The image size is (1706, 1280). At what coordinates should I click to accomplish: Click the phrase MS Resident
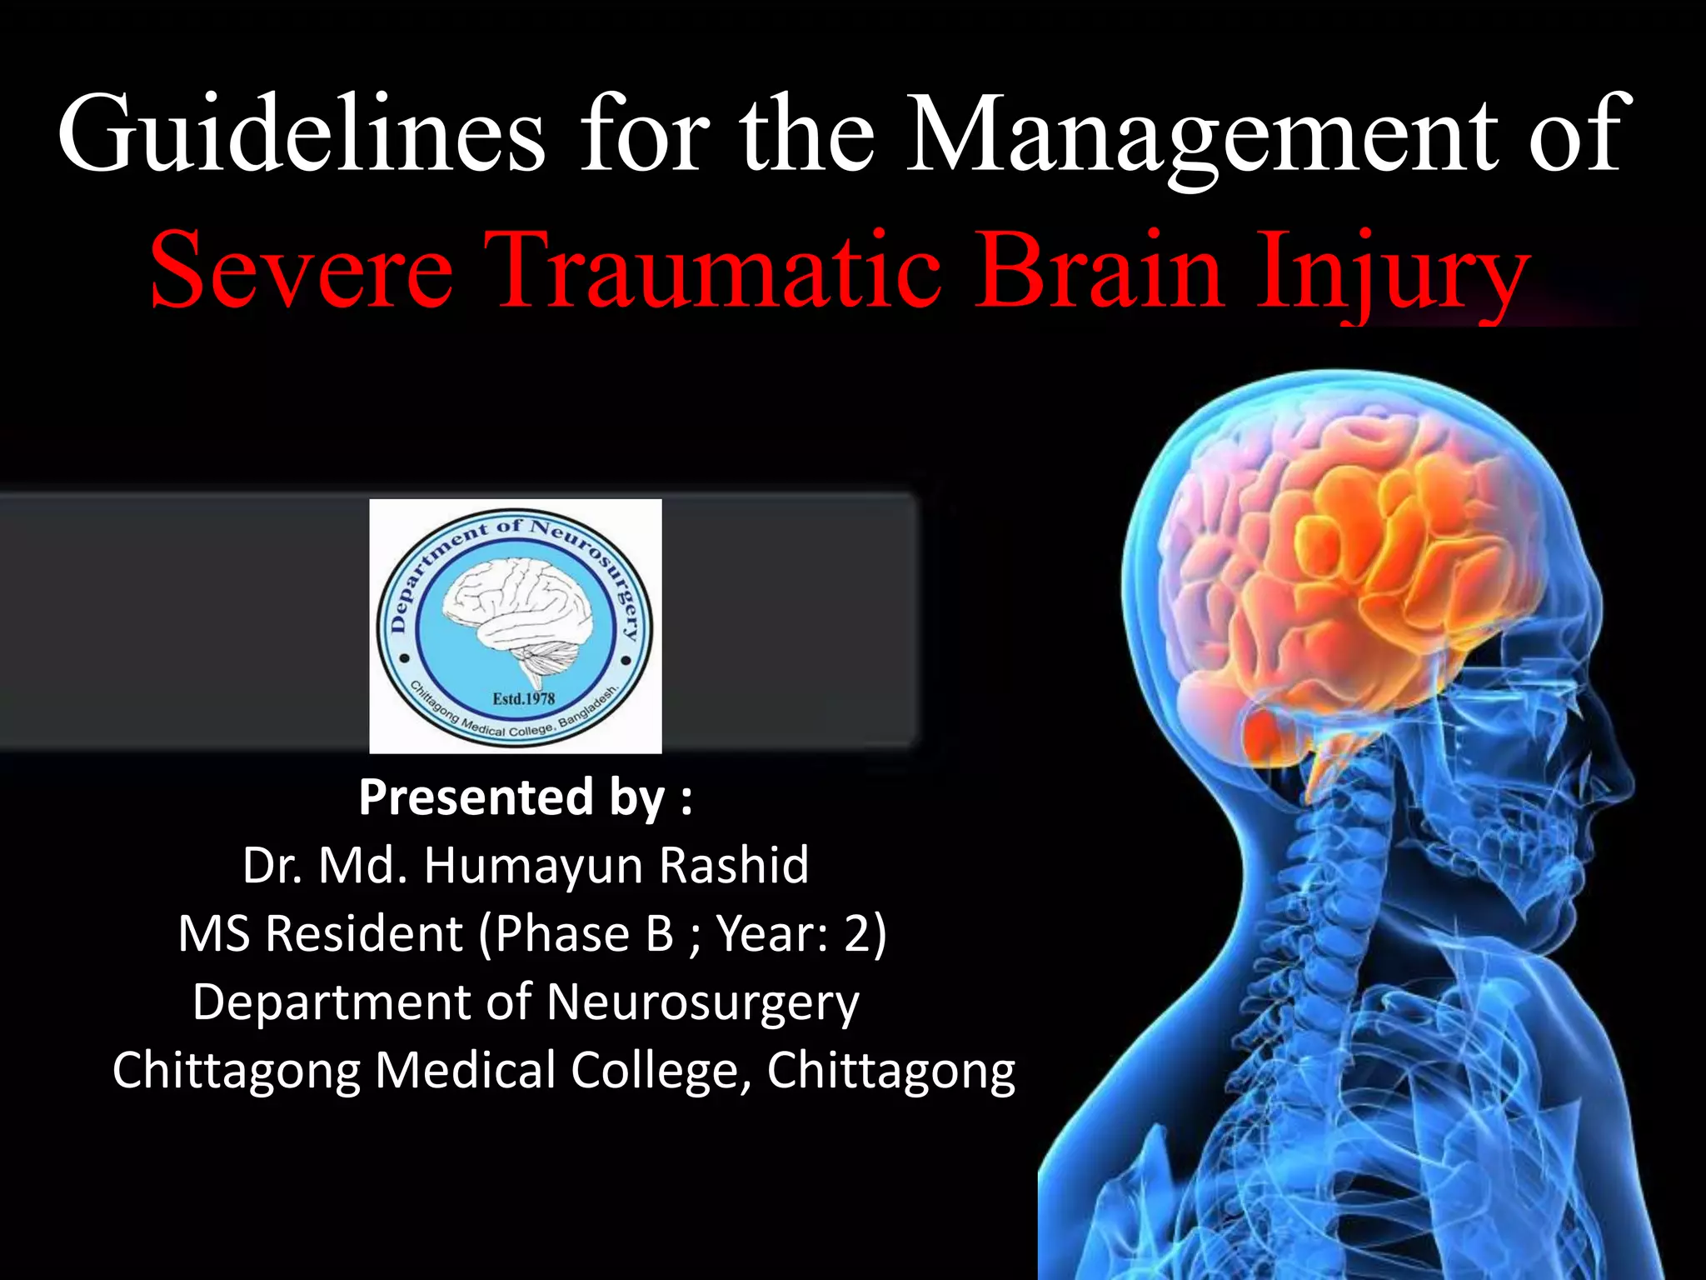pyautogui.click(x=321, y=933)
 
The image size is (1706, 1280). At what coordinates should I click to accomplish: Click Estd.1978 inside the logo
pyautogui.click(x=523, y=698)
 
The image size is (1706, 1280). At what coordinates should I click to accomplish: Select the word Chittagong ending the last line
pyautogui.click(x=891, y=1071)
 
